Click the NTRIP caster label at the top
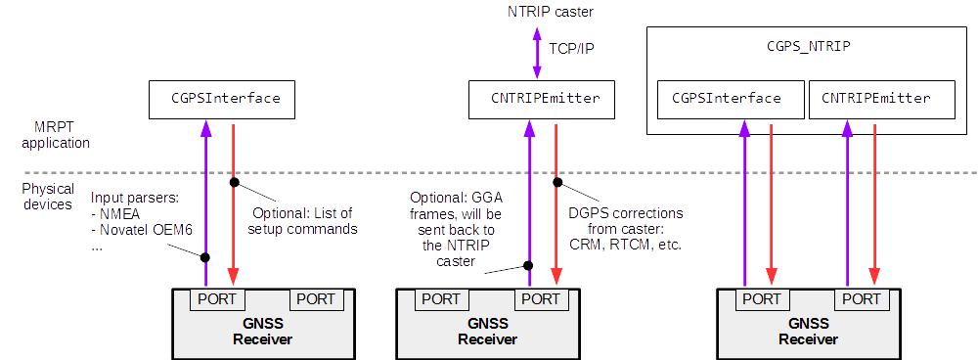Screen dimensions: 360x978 (x=550, y=12)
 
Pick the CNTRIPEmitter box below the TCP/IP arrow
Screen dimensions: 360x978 (x=545, y=99)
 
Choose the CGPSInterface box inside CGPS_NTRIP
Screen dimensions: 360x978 (x=726, y=99)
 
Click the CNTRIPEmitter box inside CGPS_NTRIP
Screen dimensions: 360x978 (x=875, y=99)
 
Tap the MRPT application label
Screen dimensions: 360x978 (x=60, y=135)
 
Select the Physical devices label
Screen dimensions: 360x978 (x=47, y=197)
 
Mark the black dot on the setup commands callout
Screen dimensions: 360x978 (x=233, y=182)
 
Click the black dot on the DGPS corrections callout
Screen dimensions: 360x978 (x=556, y=181)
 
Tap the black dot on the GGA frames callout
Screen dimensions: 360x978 (x=528, y=265)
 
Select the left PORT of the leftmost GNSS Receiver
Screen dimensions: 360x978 (x=217, y=297)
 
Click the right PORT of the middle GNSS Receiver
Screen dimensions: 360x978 (x=541, y=297)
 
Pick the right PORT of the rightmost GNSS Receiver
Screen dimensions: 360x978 (x=862, y=297)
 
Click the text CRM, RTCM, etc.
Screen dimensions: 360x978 (x=626, y=244)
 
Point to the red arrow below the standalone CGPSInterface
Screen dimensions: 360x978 (x=233, y=205)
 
